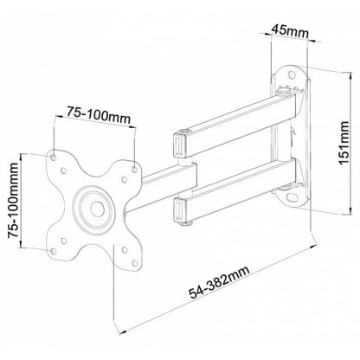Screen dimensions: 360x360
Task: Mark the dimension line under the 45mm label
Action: click(x=285, y=37)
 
